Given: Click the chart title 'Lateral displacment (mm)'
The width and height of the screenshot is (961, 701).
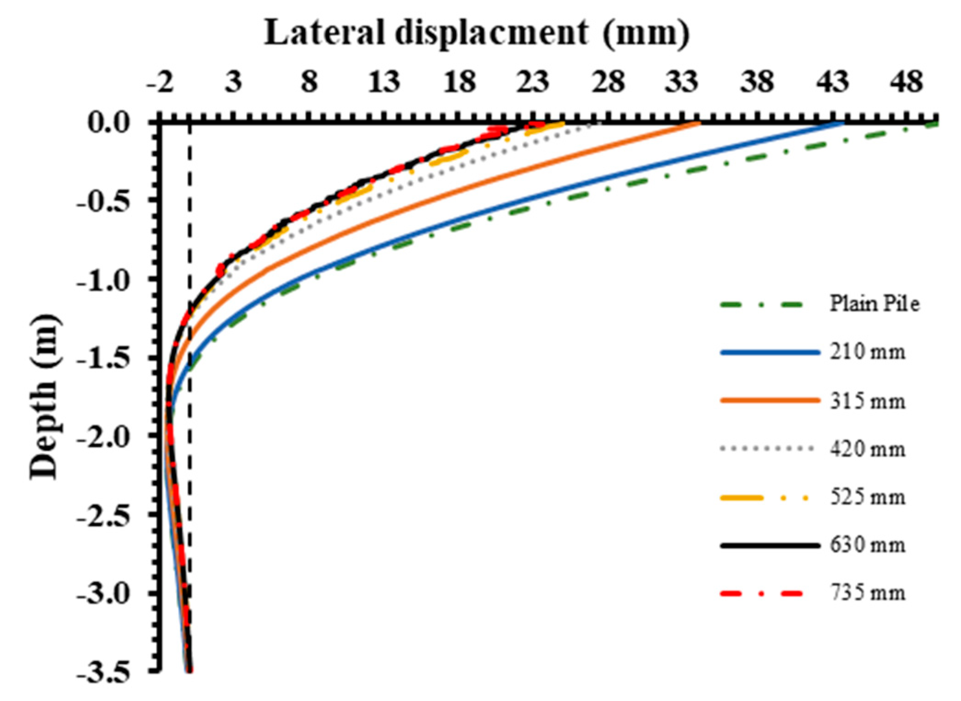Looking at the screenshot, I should pyautogui.click(x=477, y=33).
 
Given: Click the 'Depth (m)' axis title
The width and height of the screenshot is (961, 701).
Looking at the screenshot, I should pyautogui.click(x=45, y=396).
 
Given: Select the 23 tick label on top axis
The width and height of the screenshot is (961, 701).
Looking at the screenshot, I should pyautogui.click(x=533, y=82).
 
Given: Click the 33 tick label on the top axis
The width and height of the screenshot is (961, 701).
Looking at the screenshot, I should pyautogui.click(x=682, y=82).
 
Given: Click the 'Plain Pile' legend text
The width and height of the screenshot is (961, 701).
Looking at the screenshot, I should pyautogui.click(x=874, y=304).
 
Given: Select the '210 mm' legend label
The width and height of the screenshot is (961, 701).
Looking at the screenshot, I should pyautogui.click(x=867, y=352).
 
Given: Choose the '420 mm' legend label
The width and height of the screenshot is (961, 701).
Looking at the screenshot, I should pyautogui.click(x=867, y=449).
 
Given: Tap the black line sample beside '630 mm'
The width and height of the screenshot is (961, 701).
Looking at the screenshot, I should pyautogui.click(x=769, y=546).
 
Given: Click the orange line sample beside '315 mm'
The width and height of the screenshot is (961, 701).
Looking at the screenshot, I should pyautogui.click(x=769, y=401).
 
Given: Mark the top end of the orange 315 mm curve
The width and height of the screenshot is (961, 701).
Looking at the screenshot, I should pyautogui.click(x=699, y=123).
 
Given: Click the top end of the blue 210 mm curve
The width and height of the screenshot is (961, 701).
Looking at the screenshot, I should pyautogui.click(x=843, y=123).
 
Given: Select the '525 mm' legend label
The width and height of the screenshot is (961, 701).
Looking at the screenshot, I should pyautogui.click(x=867, y=497).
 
